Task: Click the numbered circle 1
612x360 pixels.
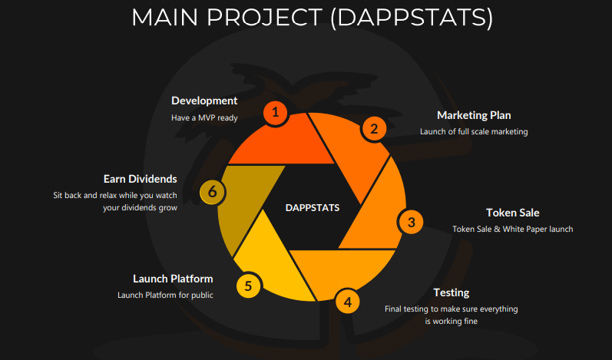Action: [276, 113]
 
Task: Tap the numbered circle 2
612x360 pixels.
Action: [374, 129]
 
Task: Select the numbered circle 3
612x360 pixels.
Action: [411, 223]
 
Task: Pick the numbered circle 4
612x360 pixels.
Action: [347, 302]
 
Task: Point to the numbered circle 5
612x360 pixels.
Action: [248, 286]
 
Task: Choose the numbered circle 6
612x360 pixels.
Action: [213, 191]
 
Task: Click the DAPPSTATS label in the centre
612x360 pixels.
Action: [313, 208]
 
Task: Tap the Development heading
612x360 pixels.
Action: [204, 101]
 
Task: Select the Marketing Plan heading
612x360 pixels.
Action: [474, 115]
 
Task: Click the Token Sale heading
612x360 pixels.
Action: [512, 213]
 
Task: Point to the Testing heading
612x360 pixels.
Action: [452, 292]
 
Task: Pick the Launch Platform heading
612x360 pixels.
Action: [173, 279]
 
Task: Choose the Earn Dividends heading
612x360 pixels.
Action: [140, 179]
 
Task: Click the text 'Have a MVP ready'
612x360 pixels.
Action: [204, 117]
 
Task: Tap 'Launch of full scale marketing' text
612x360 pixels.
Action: [474, 132]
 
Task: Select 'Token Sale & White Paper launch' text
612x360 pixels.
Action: [512, 229]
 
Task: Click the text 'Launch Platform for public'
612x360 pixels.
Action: [165, 296]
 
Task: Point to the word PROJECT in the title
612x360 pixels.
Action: [264, 18]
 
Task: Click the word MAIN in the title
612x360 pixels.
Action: [164, 18]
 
